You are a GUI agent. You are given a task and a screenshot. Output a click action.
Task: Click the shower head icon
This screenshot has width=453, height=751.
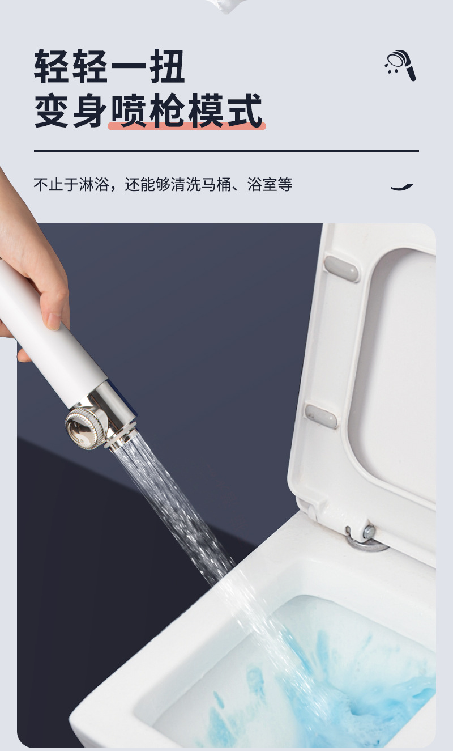coord(400,65)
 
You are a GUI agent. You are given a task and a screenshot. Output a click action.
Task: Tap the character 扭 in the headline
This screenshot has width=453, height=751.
coord(167,66)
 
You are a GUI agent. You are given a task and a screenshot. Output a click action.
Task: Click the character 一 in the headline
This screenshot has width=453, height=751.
coord(128,66)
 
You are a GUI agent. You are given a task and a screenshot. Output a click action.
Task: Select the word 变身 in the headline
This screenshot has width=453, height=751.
coord(71,111)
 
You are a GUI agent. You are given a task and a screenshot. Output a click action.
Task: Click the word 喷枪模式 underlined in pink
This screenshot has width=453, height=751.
coord(186,111)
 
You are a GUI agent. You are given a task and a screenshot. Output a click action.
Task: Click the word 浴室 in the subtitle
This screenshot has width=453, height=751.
coord(262,184)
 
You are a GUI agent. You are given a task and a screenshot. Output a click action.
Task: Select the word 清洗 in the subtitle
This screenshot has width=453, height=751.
coord(186,184)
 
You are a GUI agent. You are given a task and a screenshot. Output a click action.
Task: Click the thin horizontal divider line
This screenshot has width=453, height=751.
coord(226,151)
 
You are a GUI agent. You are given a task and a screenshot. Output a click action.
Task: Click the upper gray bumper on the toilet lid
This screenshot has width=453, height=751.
coord(341,269)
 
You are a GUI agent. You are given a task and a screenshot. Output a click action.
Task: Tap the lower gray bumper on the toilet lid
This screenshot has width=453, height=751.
coord(321,416)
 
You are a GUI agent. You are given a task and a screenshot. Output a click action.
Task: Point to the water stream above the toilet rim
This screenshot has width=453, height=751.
coord(174,503)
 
